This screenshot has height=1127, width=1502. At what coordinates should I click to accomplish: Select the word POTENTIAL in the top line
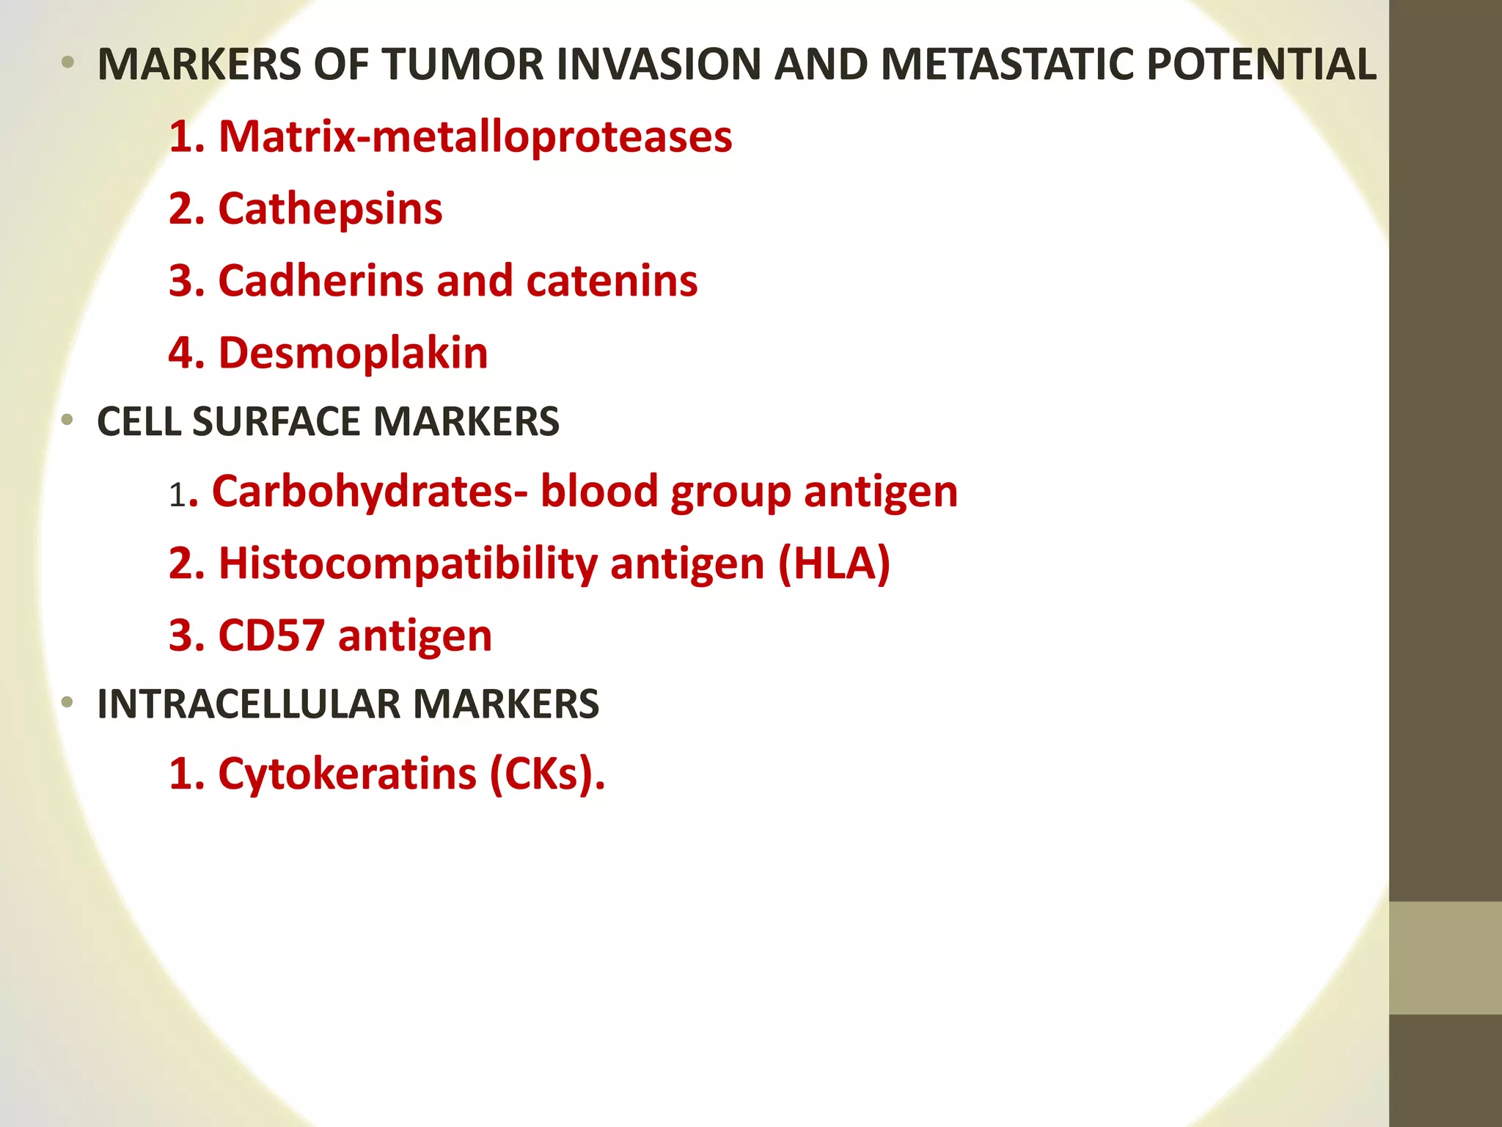point(1261,65)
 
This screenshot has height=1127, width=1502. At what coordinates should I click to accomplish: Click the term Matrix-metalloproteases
point(475,136)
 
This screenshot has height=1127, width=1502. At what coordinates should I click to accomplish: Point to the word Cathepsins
point(330,209)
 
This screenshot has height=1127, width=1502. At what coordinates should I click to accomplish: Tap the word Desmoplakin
point(353,353)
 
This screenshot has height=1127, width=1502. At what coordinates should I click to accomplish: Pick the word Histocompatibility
point(408,563)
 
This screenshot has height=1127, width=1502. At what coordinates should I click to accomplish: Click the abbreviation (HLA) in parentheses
point(834,563)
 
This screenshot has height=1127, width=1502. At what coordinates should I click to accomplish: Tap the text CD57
point(271,635)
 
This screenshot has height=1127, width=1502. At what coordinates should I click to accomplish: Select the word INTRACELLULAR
point(248,704)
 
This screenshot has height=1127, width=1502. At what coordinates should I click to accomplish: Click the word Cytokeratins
point(347,774)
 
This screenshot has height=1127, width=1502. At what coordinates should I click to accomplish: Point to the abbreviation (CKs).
point(546,774)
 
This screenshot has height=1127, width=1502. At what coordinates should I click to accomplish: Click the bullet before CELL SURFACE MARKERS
point(67,420)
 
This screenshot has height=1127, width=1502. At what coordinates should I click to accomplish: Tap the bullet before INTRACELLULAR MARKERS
point(67,703)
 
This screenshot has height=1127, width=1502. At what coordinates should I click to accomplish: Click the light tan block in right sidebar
point(1446,958)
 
